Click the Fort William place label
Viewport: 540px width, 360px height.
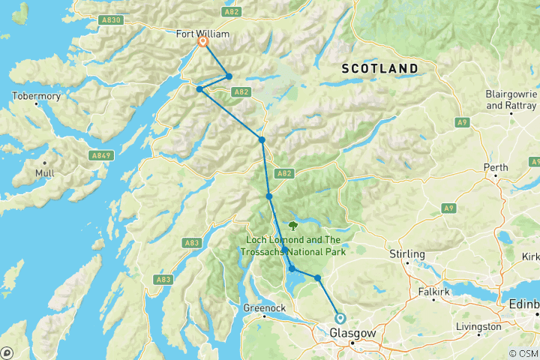(202, 33)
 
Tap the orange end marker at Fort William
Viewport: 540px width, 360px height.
(202, 43)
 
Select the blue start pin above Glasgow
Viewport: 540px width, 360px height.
(340, 318)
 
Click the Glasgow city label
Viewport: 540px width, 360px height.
(349, 333)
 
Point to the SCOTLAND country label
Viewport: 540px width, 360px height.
(379, 68)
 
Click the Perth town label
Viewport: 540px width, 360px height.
(496, 166)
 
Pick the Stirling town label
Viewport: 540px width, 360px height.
(407, 254)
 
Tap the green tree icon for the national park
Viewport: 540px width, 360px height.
(292, 223)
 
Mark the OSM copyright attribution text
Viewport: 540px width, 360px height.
(523, 353)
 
